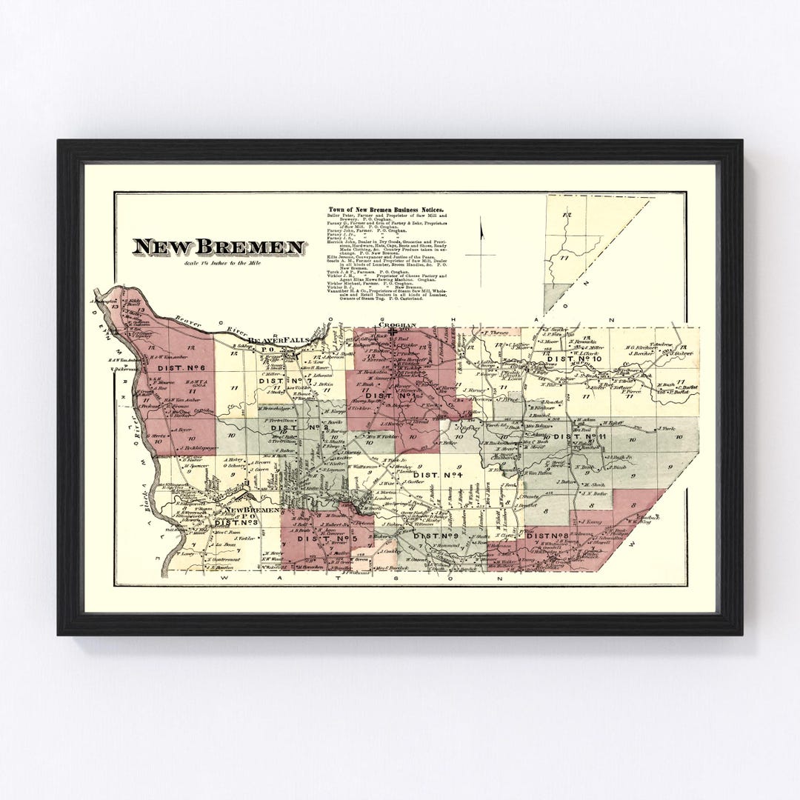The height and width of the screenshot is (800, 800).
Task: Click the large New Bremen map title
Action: pos(218,247)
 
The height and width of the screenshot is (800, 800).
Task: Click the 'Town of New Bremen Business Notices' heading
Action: pos(392,210)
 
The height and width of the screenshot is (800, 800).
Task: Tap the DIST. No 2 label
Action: pos(288,427)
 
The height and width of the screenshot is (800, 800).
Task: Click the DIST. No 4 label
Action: pos(437,474)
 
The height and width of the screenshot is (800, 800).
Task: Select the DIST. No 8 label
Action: pos(547,535)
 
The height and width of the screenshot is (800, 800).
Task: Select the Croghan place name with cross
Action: pos(399,325)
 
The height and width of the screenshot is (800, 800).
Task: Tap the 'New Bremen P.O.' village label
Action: pos(252,510)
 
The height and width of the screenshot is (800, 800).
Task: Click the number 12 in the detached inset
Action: pos(567,214)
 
